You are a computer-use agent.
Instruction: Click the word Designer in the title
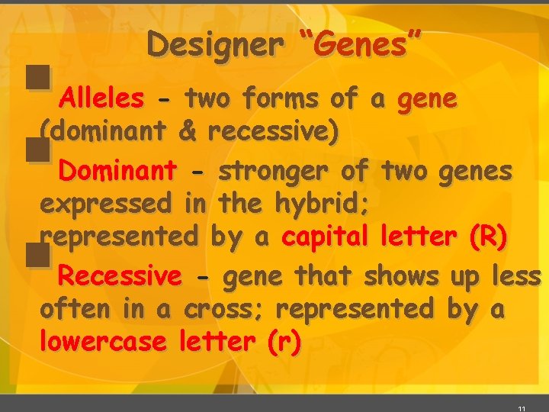216,45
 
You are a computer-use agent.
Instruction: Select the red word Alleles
101,98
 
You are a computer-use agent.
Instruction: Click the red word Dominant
118,169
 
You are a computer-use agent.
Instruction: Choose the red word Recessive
120,275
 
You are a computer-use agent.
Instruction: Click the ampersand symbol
187,132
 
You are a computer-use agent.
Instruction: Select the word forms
282,98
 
